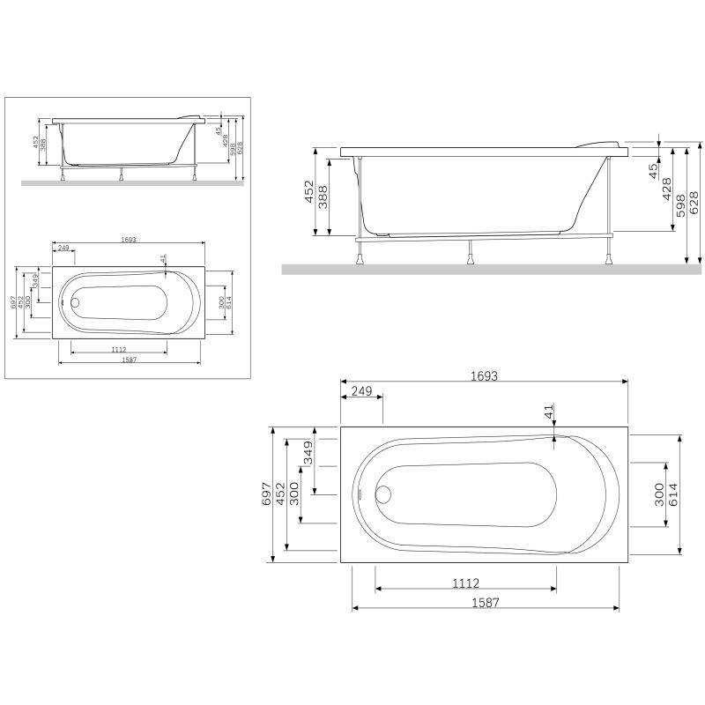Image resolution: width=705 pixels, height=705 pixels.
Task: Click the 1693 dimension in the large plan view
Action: [484, 375]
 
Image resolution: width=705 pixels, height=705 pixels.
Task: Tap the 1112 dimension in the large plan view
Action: [465, 583]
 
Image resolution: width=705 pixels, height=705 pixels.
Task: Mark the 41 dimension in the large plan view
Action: [548, 412]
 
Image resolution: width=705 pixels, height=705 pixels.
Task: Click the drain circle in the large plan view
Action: [383, 494]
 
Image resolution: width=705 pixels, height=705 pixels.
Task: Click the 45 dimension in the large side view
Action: [653, 168]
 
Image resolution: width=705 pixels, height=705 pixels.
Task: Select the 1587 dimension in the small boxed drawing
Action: [129, 360]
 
